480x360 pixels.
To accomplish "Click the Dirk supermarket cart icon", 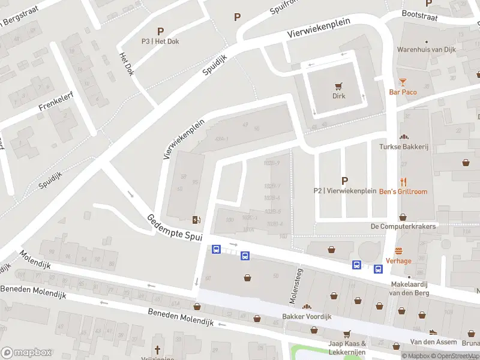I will pyautogui.click(x=340, y=85).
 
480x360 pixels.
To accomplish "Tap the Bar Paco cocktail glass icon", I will pyautogui.click(x=403, y=82).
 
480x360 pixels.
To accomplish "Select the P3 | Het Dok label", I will pyautogui.click(x=160, y=41).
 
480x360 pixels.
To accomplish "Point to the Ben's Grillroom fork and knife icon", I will pyautogui.click(x=404, y=181).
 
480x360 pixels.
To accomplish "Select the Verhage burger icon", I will pyautogui.click(x=398, y=251).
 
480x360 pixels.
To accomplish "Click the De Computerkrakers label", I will pyautogui.click(x=403, y=226).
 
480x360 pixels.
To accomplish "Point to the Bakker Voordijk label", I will pyautogui.click(x=307, y=316).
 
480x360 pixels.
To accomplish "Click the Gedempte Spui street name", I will pyautogui.click(x=174, y=228).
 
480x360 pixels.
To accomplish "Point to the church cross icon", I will pyautogui.click(x=158, y=350).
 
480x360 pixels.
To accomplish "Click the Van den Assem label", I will pyautogui.click(x=430, y=341).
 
